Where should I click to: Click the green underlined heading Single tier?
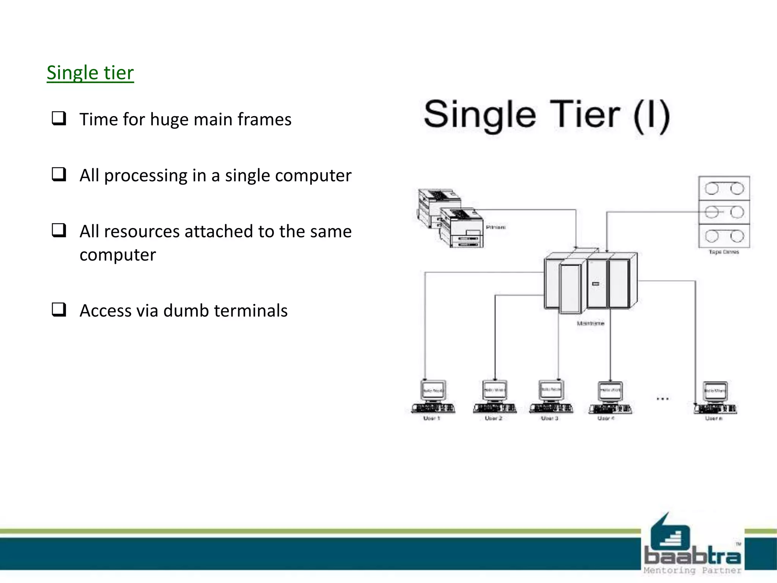pyautogui.click(x=90, y=73)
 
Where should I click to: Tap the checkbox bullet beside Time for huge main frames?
pyautogui.click(x=59, y=118)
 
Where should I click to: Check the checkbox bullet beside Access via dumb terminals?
pyautogui.click(x=59, y=310)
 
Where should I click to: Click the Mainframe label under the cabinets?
pyautogui.click(x=590, y=323)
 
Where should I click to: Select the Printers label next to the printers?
pyautogui.click(x=495, y=227)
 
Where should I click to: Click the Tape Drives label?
pyautogui.click(x=724, y=252)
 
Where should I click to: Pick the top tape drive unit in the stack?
pyautogui.click(x=724, y=188)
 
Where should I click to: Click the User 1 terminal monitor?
pyautogui.click(x=433, y=390)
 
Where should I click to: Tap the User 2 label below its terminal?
pyautogui.click(x=493, y=418)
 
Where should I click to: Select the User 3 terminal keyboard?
pyautogui.click(x=551, y=408)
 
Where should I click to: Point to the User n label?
pyautogui.click(x=714, y=418)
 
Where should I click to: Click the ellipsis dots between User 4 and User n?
pyautogui.click(x=662, y=399)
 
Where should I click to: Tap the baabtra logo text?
pyautogui.click(x=692, y=556)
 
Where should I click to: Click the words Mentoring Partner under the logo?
pyautogui.click(x=692, y=570)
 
